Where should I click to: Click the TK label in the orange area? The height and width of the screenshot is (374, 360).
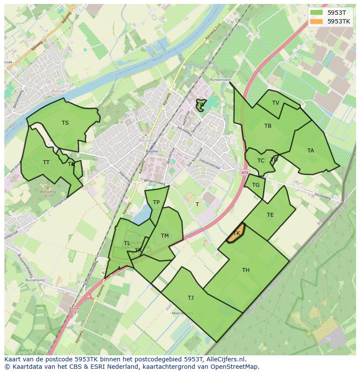[237, 233]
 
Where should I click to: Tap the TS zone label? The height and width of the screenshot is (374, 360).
[65, 123]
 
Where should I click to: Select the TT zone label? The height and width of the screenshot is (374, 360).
[46, 162]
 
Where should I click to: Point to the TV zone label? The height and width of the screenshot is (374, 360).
[276, 103]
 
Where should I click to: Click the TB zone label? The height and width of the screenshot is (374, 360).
[268, 126]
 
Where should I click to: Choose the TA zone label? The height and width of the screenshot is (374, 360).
[310, 151]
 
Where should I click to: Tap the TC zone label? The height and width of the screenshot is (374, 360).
[261, 161]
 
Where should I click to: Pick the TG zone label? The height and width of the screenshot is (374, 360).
[256, 185]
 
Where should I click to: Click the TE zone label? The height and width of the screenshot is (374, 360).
[270, 215]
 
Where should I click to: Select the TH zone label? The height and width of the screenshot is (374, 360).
[246, 270]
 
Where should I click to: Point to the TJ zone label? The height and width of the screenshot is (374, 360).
[190, 298]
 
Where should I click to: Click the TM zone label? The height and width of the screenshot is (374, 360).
[164, 236]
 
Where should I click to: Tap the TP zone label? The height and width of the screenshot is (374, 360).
[156, 202]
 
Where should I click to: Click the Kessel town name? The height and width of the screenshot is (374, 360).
[59, 91]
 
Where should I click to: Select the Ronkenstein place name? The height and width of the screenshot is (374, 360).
[220, 80]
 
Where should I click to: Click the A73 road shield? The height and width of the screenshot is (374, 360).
[244, 173]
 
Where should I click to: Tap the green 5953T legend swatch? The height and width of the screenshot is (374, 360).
[317, 12]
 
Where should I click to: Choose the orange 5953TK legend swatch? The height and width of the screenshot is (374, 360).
[317, 21]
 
